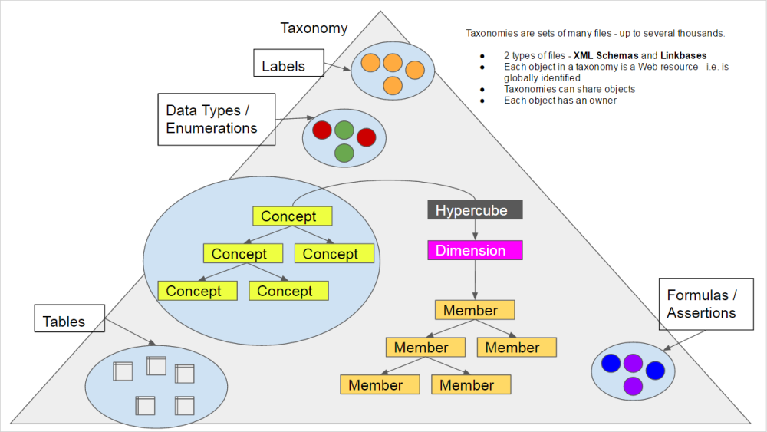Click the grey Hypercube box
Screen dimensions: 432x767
tap(475, 209)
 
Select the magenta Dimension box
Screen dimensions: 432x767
tap(475, 250)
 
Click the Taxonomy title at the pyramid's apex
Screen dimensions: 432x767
tap(314, 28)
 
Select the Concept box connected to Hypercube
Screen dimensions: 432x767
tap(292, 216)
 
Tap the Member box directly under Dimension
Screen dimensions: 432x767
tap(474, 310)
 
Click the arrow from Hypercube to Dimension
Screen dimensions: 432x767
tap(475, 229)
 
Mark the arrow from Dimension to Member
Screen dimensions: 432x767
tap(475, 279)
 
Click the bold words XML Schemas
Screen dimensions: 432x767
tap(606, 56)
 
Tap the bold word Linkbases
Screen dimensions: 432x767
tap(680, 56)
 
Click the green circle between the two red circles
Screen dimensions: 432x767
tap(344, 130)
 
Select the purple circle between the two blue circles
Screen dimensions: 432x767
tap(633, 362)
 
